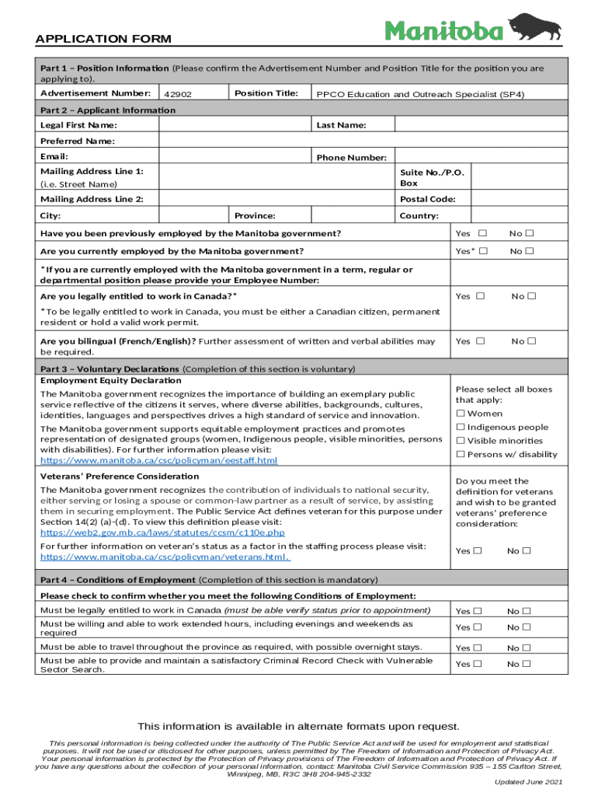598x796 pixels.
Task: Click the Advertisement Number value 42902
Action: tap(178, 94)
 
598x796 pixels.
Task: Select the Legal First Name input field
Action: tap(233, 125)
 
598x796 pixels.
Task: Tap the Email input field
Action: tap(233, 156)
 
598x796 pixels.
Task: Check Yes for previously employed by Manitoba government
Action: tap(482, 233)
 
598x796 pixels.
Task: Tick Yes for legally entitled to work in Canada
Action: tap(480, 296)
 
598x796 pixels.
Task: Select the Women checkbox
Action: tap(461, 414)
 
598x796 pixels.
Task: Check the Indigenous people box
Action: tap(461, 427)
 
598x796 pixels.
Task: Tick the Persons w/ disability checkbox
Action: tap(461, 454)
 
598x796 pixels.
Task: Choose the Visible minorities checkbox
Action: tap(461, 441)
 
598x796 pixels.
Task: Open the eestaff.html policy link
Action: tap(158, 461)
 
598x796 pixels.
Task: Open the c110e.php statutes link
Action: tap(162, 532)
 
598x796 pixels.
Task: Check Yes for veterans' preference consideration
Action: tap(478, 551)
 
